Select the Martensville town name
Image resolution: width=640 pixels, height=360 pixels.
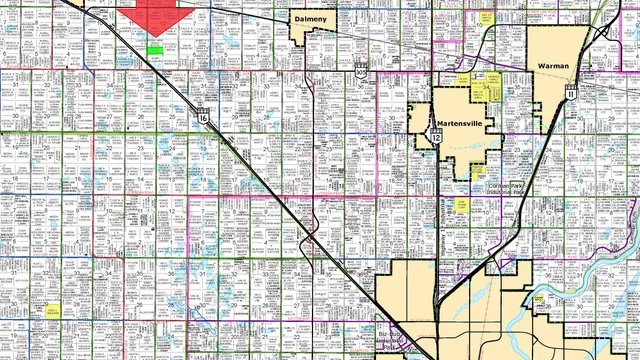coord(463,125)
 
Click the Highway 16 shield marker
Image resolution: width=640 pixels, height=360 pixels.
coord(203,117)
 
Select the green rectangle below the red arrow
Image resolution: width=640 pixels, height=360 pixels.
coord(155,47)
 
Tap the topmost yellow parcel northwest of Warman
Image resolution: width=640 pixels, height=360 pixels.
coord(487,17)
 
